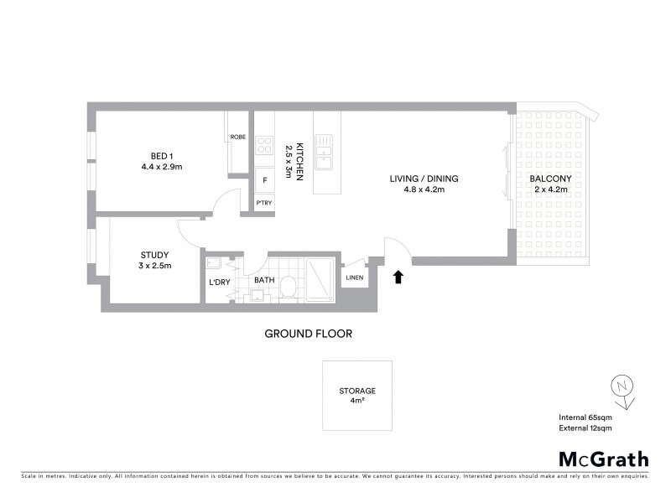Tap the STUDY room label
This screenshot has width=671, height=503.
pyautogui.click(x=154, y=260)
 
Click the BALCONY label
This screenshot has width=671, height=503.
pyautogui.click(x=549, y=184)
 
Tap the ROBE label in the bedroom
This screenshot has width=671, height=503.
pyautogui.click(x=237, y=137)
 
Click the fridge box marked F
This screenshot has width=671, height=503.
pyautogui.click(x=264, y=180)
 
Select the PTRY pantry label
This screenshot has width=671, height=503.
pyautogui.click(x=264, y=204)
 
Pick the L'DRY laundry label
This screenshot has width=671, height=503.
pyautogui.click(x=219, y=282)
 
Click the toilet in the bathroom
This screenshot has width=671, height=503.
pyautogui.click(x=287, y=286)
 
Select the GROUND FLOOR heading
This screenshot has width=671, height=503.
pyautogui.click(x=308, y=334)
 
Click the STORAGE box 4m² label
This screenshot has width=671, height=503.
pyautogui.click(x=356, y=395)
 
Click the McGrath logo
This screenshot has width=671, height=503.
pyautogui.click(x=603, y=459)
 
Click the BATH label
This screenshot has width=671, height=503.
pyautogui.click(x=265, y=282)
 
